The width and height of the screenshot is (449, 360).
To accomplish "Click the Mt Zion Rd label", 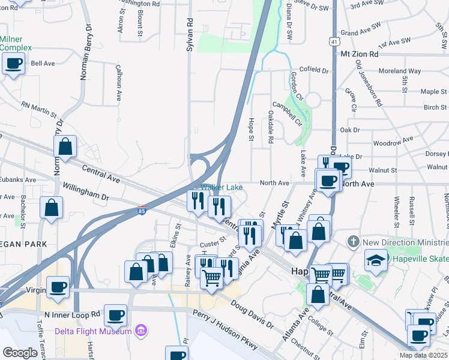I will tap(360, 53).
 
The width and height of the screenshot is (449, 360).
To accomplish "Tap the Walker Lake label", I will tap(222, 187).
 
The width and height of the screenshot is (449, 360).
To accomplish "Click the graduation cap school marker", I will tap(376, 260).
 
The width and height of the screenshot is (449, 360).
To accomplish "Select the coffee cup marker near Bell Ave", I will tap(14, 64).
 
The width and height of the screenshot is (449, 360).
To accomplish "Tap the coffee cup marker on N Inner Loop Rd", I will tap(115, 314).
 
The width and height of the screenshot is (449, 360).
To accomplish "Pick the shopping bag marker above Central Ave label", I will tap(65, 146).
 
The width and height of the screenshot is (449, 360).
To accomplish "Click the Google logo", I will tap(20, 352).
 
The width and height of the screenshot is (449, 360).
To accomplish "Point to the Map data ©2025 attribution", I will tap(423, 355).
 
